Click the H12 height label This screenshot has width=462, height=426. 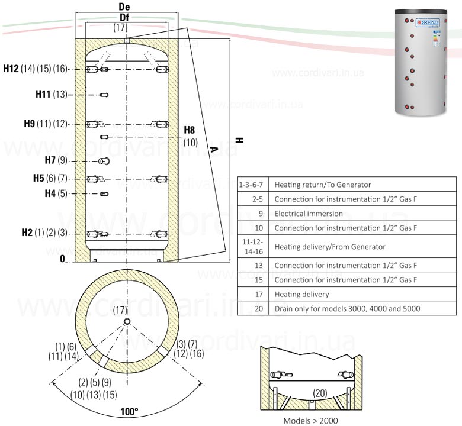click(x=11, y=69)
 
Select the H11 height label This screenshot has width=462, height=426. click(x=43, y=95)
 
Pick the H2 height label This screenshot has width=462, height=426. click(x=26, y=233)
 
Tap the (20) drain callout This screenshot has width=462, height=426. click(x=320, y=392)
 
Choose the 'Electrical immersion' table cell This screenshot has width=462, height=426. click(x=308, y=214)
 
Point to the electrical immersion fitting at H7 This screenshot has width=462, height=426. click(x=104, y=162)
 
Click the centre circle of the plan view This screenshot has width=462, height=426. click(x=127, y=322)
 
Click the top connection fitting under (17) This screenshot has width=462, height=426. click(x=126, y=40)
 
